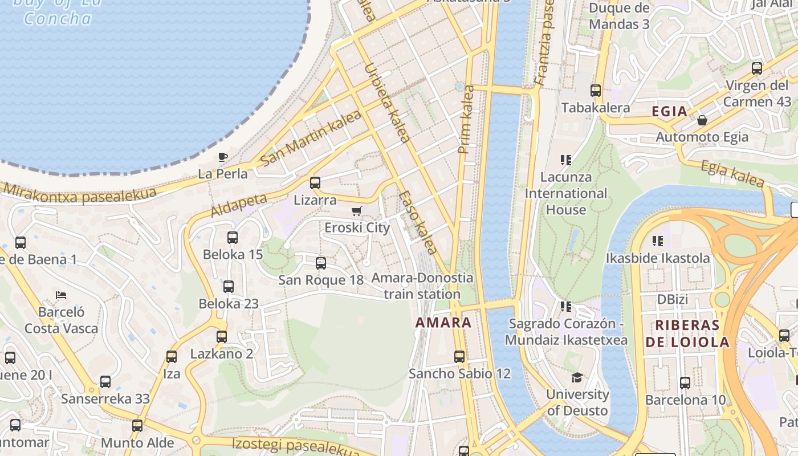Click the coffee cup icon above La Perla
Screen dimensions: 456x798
coord(223,157)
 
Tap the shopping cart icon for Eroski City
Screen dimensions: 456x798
coord(357,211)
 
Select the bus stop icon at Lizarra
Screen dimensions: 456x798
coord(315,183)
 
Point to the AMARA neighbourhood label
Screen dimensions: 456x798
coord(443,323)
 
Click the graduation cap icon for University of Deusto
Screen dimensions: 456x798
coord(577,378)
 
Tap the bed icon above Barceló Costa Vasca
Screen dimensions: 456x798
coord(61,295)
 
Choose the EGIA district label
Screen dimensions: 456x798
coord(669,112)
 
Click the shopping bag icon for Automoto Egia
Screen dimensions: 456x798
coord(702,120)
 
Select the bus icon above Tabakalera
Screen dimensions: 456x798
coord(596,91)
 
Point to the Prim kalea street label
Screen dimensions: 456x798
coord(466,119)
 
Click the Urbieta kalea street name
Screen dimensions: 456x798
coord(386,103)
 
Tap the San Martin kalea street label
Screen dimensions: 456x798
coord(310,139)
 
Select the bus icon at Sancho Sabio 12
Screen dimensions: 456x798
coord(459,357)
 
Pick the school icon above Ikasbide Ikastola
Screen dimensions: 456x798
coord(658,241)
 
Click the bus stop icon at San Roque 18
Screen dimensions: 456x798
coord(321,263)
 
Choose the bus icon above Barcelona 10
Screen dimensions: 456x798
coord(685,383)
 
